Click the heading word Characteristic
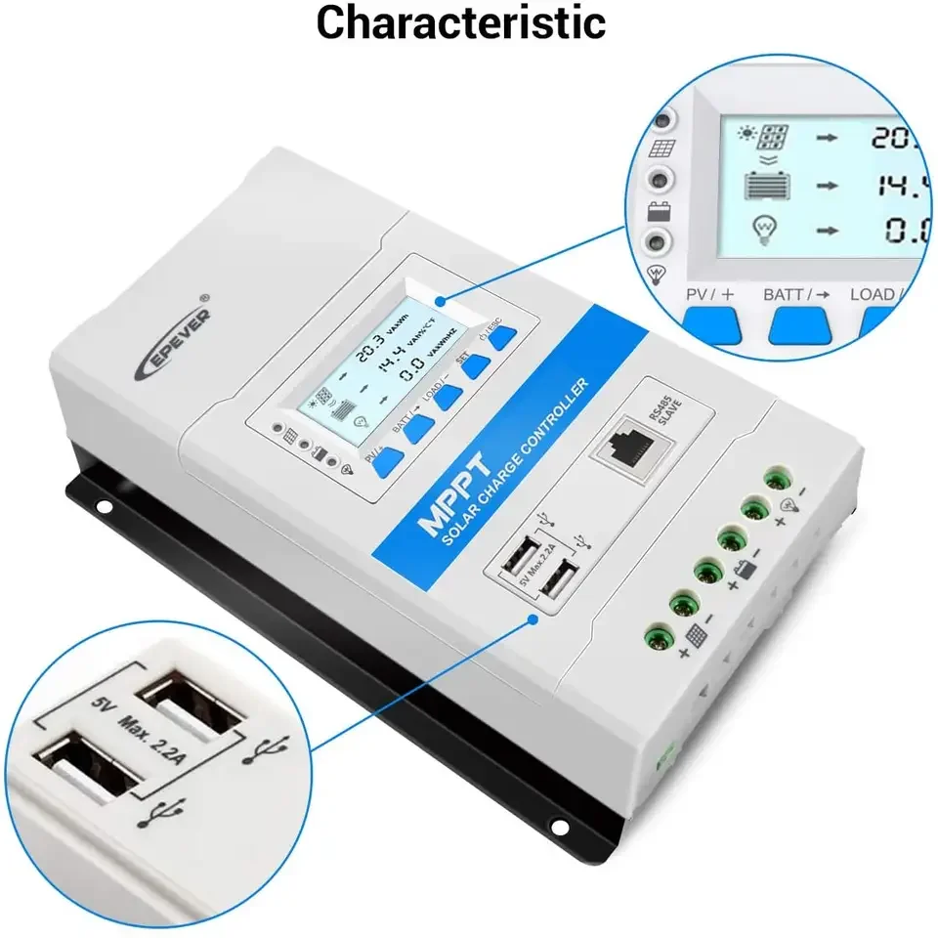[x=460, y=23]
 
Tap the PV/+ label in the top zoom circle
[x=710, y=294]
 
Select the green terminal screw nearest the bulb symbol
[x=778, y=479]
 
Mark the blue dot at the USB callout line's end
[x=533, y=618]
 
